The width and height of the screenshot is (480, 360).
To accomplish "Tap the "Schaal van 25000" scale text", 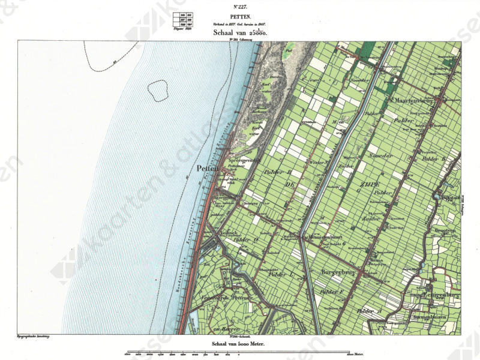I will click(x=239, y=34).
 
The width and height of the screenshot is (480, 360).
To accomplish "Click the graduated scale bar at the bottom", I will click(x=240, y=352).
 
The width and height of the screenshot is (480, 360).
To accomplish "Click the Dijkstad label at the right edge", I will click(x=449, y=197).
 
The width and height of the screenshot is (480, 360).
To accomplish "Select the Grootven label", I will click(x=447, y=229).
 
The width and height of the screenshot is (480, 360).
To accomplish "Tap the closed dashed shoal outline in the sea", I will click(x=157, y=90).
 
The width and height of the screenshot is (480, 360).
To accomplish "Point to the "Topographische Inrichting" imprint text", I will click(x=32, y=338).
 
